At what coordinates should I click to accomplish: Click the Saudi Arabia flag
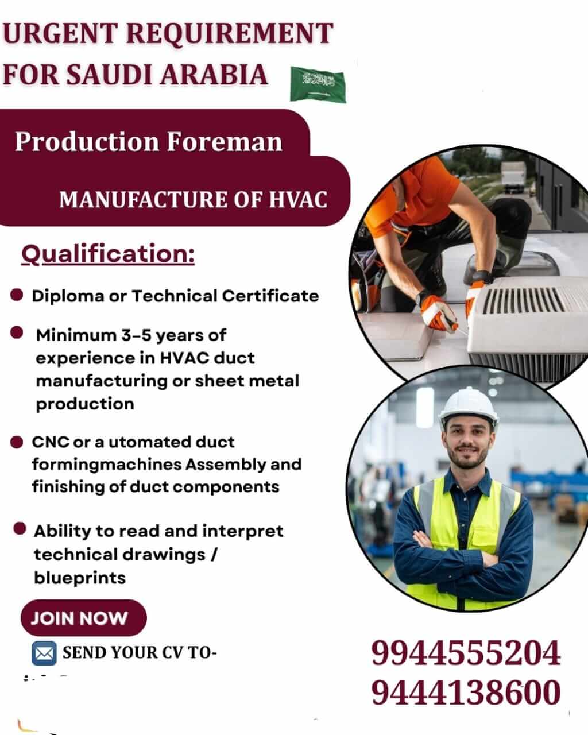pyautogui.click(x=318, y=84)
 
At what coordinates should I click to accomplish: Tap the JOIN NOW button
pyautogui.click(x=84, y=618)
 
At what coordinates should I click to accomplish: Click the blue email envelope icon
pyautogui.click(x=44, y=653)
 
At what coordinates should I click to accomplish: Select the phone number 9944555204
pyautogui.click(x=466, y=653)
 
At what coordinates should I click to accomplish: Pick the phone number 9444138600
pyautogui.click(x=466, y=693)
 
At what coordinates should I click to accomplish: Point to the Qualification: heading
pyautogui.click(x=108, y=254)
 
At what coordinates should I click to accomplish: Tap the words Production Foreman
pyautogui.click(x=149, y=141)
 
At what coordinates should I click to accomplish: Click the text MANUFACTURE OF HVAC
pyautogui.click(x=194, y=199)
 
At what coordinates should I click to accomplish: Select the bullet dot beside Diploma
pyautogui.click(x=17, y=295)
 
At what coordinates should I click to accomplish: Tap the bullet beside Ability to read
pyautogui.click(x=20, y=529)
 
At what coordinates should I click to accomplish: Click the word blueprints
pyautogui.click(x=80, y=578)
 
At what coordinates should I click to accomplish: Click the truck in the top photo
pyautogui.click(x=513, y=177)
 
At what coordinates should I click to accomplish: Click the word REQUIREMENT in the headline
pyautogui.click(x=230, y=33)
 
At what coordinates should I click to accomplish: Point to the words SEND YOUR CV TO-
pyautogui.click(x=140, y=653)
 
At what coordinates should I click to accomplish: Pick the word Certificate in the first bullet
pyautogui.click(x=270, y=296)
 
